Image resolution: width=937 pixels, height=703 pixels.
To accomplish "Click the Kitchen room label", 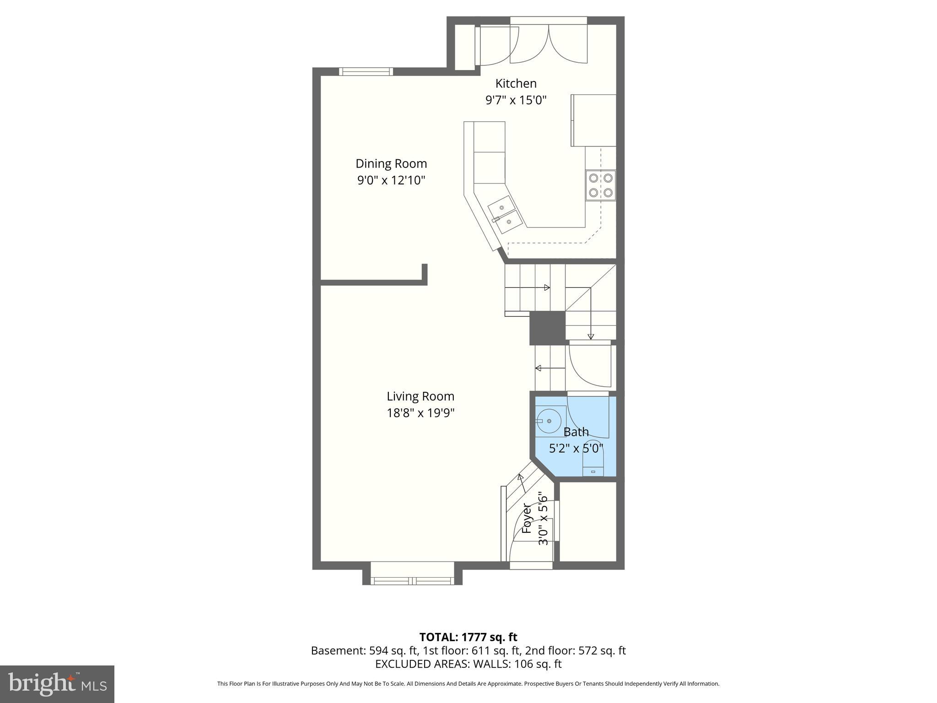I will (x=516, y=83).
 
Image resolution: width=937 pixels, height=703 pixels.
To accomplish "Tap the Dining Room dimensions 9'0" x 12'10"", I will (x=391, y=180).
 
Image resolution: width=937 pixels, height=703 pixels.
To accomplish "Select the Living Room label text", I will (x=420, y=396).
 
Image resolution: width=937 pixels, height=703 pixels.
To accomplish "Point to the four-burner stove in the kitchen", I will (x=600, y=185).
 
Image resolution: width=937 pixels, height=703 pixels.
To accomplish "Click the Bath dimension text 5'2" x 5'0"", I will (x=576, y=448).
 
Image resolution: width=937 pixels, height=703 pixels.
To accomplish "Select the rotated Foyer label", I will (x=527, y=519).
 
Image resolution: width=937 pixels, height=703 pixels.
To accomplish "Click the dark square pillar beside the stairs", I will (x=547, y=328).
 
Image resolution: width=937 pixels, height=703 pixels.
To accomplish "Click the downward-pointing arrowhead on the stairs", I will (x=591, y=336).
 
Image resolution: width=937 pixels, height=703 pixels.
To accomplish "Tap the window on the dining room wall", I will (x=366, y=71).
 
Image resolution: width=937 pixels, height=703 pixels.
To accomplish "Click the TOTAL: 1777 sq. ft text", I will (x=468, y=637).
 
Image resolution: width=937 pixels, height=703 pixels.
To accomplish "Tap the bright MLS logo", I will (x=57, y=684).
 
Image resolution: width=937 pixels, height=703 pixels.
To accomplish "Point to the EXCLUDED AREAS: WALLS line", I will (x=468, y=664).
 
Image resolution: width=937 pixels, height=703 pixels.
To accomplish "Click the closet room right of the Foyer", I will (x=587, y=521).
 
